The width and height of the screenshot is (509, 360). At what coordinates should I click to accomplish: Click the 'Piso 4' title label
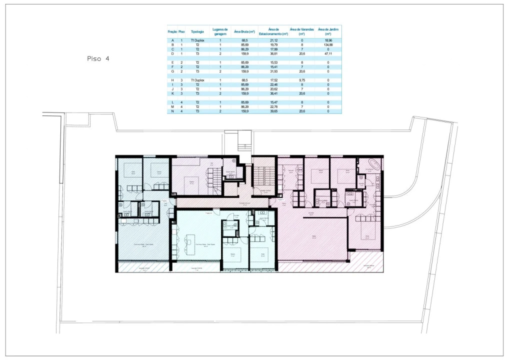coord(98,59)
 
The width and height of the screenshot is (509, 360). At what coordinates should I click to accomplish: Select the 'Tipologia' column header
coord(197,31)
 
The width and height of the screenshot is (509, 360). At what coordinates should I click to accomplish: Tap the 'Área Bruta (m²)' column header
coord(244,31)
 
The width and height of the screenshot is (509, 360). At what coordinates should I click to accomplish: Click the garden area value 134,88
coord(328,45)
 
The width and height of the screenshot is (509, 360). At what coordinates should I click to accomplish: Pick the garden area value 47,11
coord(328,53)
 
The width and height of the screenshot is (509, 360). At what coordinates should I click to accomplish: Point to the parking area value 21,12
coord(274,40)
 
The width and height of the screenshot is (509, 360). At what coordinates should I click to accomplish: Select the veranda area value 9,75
coord(302,80)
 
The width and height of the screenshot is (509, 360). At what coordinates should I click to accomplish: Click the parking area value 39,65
coord(274,111)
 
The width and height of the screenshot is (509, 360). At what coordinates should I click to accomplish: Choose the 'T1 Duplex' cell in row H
coord(197,80)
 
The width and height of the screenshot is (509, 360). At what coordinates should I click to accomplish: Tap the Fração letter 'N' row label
coord(172,111)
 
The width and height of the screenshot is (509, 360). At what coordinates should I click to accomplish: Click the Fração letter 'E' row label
coord(172,62)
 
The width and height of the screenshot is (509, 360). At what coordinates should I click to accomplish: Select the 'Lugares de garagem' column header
coord(220,31)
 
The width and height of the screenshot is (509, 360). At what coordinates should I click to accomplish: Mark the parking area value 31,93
coord(274,71)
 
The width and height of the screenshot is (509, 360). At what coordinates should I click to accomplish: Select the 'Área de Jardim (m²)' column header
coord(328,31)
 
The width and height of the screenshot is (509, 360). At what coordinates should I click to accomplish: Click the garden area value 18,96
coord(328,40)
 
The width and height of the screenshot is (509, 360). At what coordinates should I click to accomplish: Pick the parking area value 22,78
coord(274,106)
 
